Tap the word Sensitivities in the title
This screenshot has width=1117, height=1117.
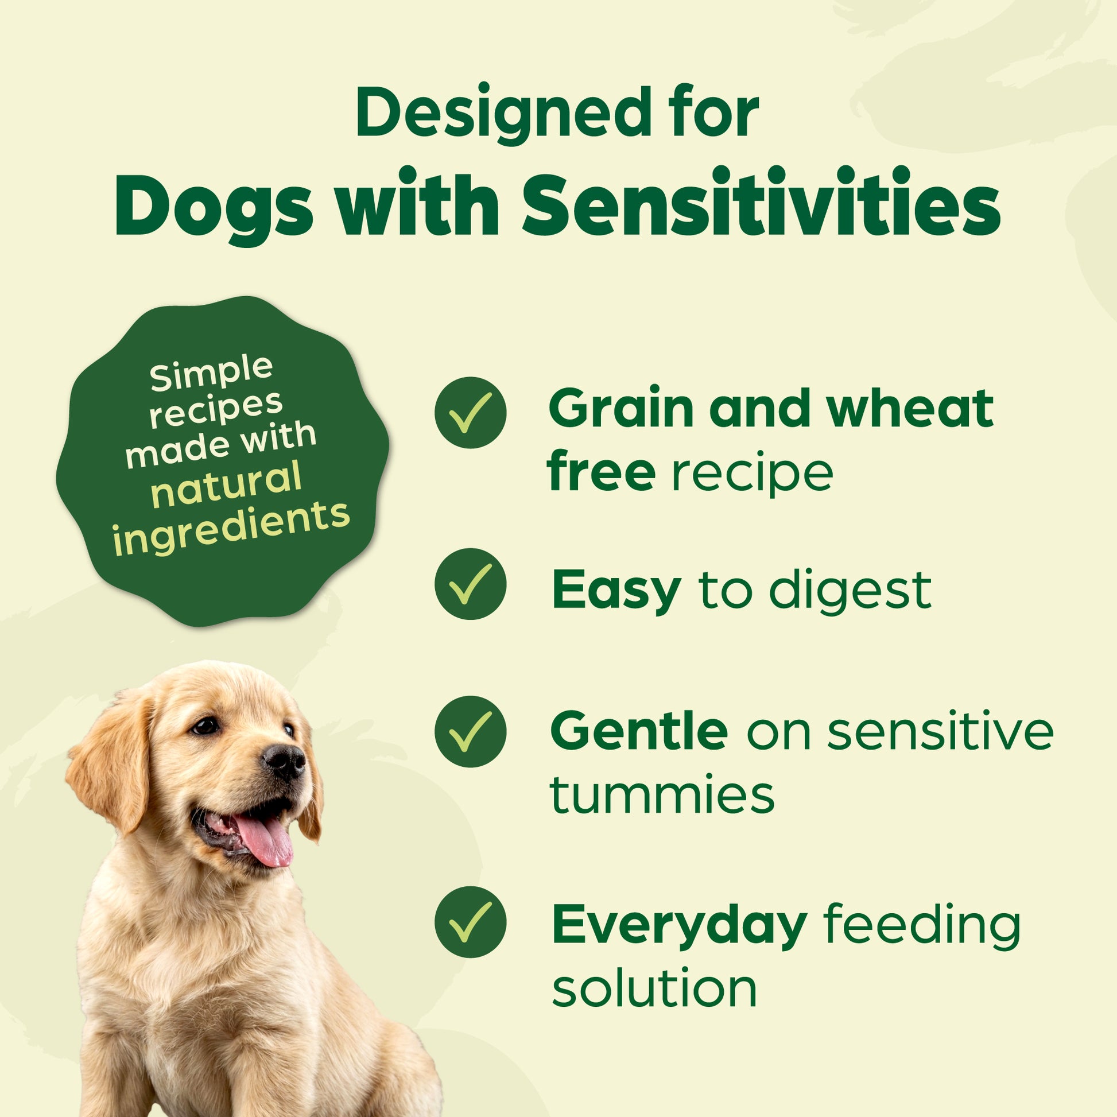[762, 204]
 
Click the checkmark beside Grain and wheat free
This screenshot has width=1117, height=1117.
[470, 412]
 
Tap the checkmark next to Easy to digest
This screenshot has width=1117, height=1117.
[470, 584]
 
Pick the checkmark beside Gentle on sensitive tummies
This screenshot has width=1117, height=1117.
[470, 731]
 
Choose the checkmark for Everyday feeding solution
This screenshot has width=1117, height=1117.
[470, 922]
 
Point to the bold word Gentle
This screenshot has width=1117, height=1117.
[639, 731]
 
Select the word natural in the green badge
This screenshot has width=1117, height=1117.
[227, 486]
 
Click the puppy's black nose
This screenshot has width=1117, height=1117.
[284, 761]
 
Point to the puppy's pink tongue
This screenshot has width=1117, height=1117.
[263, 842]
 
